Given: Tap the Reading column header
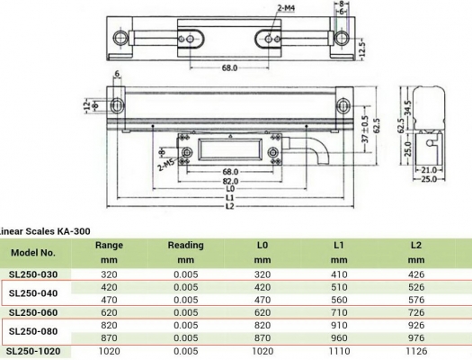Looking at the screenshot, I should (185, 245).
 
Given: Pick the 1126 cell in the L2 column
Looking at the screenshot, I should (415, 351).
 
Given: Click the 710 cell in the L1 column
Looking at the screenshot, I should (339, 313).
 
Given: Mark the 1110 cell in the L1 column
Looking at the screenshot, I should (339, 351).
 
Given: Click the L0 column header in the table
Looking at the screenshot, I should (262, 245).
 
